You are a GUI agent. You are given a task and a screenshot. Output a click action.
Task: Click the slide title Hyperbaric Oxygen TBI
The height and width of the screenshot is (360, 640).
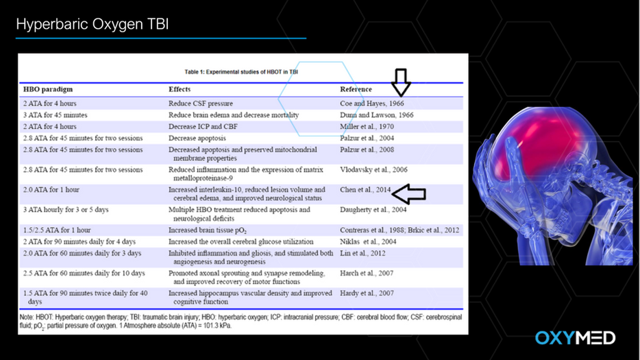tap(92, 25)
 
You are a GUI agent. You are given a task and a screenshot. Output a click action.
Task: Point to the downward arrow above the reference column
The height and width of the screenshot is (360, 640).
tap(401, 82)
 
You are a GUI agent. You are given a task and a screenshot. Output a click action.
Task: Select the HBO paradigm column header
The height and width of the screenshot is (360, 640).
tap(48, 90)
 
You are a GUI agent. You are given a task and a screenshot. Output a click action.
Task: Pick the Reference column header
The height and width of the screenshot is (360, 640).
tap(356, 90)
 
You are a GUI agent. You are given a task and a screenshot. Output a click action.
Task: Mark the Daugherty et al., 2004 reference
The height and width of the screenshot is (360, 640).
tap(373, 210)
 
